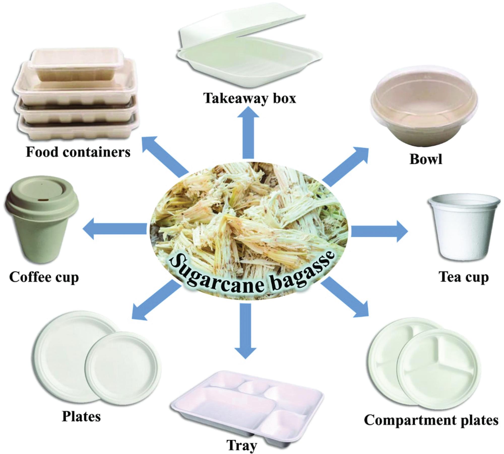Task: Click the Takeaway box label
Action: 250,98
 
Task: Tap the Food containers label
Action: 78,152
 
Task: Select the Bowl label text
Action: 426,159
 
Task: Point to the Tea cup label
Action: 464,277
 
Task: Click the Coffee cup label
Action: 44,277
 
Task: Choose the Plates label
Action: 81,417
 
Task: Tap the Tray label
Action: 242,445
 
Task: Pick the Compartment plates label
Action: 431,420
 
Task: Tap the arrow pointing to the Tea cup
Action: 378,231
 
